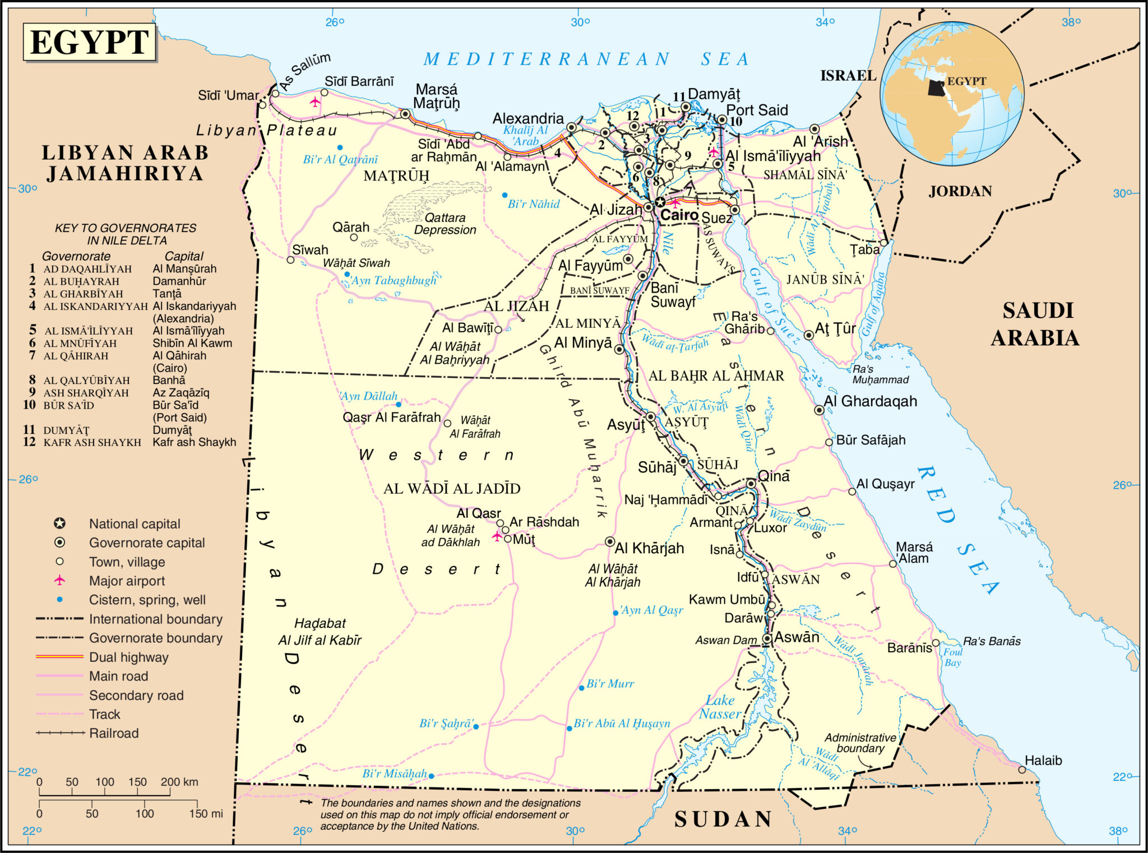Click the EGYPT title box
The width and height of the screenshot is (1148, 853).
[89, 42]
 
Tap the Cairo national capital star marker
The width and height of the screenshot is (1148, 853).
[660, 202]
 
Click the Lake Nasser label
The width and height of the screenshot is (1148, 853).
[720, 707]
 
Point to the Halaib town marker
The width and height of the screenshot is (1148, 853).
[1022, 769]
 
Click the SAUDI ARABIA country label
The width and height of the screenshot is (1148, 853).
[1035, 324]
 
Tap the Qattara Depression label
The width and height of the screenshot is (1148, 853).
[445, 224]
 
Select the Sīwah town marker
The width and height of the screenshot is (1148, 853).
[290, 259]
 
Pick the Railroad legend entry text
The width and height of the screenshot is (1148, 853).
[114, 733]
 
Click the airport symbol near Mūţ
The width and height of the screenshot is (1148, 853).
[497, 536]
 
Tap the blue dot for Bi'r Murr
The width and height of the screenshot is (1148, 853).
[581, 688]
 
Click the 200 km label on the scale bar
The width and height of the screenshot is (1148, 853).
[179, 782]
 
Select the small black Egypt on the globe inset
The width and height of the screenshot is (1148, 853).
[936, 87]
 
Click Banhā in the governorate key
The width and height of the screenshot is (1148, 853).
[169, 380]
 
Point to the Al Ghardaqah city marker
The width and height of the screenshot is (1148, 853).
[819, 410]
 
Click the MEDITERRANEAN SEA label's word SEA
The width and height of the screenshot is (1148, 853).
[725, 59]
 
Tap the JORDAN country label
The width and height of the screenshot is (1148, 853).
[960, 192]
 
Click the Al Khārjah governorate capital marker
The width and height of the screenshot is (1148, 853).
[610, 541]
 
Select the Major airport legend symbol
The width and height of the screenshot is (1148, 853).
[59, 580]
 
